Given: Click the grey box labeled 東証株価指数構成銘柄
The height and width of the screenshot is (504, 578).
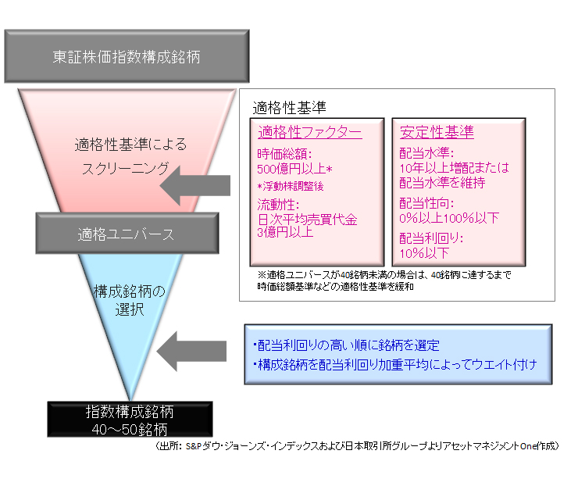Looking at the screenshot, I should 127,57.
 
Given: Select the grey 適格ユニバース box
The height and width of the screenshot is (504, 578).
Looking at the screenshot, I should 126,233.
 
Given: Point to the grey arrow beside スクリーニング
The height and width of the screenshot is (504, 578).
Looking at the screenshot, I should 199,186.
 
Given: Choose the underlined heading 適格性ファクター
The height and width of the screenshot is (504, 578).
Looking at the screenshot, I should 309,132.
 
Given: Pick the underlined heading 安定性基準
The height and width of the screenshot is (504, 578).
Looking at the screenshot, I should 437,132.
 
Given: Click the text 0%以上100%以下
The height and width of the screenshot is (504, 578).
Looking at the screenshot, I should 449,218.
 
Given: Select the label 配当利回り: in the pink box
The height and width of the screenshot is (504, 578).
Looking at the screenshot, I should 432,238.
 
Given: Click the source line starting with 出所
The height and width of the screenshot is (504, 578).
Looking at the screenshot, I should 356,446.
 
